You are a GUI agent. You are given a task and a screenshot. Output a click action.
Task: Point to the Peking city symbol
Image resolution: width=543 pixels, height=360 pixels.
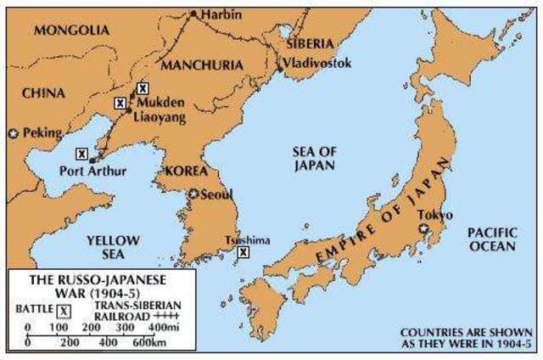pyautogui.click(x=13, y=134)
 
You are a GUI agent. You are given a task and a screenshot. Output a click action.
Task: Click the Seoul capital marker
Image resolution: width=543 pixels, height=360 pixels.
pyautogui.click(x=194, y=194)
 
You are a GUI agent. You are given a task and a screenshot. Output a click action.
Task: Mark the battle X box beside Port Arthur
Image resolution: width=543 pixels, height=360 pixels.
pyautogui.click(x=81, y=154)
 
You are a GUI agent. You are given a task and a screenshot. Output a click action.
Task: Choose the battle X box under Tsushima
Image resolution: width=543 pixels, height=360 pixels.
pyautogui.click(x=244, y=252)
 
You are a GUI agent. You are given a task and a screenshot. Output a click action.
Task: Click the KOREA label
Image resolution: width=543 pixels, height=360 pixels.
pyautogui.click(x=176, y=171)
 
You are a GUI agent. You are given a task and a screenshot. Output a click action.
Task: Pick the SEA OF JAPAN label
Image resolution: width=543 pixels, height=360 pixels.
pyautogui.click(x=314, y=158)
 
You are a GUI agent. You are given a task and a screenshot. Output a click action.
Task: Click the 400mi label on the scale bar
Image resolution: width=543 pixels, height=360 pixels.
pyautogui.click(x=160, y=326)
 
